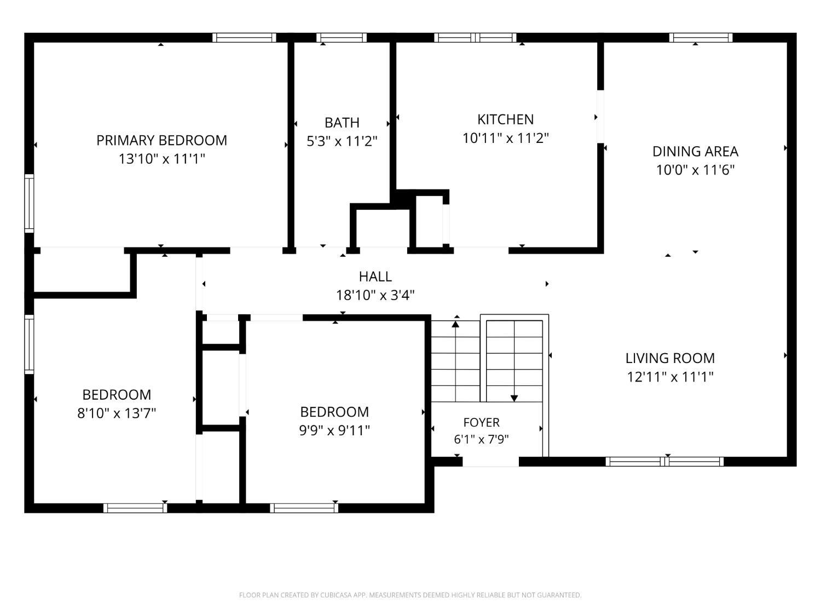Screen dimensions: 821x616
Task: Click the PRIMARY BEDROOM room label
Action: (x=161, y=140)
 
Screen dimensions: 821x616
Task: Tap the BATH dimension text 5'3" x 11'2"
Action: (x=342, y=141)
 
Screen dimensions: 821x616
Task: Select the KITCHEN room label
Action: (x=505, y=119)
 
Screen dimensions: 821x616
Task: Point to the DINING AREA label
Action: (x=695, y=152)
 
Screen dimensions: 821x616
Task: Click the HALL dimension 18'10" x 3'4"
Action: (x=375, y=295)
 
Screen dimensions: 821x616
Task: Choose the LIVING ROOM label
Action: (x=670, y=358)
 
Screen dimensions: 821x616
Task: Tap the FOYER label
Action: (x=481, y=422)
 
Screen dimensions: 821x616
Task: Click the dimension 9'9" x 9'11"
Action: (x=334, y=430)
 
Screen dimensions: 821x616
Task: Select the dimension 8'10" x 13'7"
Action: (x=117, y=413)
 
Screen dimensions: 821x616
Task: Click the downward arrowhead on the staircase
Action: (x=514, y=398)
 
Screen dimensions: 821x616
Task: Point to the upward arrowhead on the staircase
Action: (x=455, y=324)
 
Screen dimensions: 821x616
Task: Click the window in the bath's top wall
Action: (x=342, y=37)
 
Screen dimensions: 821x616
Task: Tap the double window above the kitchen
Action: (x=475, y=37)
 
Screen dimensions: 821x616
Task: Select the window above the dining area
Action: (x=701, y=37)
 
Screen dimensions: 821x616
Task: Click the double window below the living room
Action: (x=664, y=462)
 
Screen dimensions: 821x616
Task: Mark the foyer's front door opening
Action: (x=491, y=462)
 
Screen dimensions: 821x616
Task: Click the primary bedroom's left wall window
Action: (x=29, y=204)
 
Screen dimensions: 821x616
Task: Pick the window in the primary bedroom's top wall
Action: (x=244, y=37)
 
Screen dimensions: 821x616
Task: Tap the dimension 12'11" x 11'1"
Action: (x=670, y=377)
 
